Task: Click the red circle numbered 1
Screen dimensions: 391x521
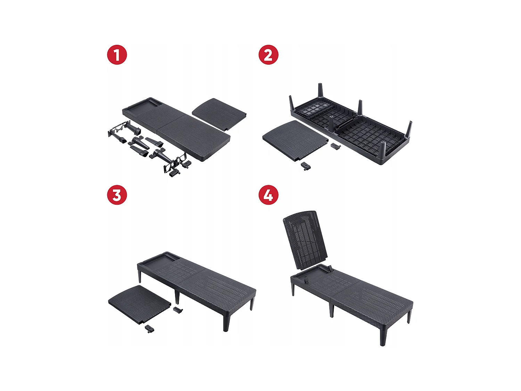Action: pos(117,55)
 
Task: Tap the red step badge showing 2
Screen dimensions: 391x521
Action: pos(268,55)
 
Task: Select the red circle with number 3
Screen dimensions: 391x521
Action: pos(117,195)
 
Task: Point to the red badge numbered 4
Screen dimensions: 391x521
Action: pos(268,195)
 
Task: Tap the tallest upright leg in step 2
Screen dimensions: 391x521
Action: pos(320,91)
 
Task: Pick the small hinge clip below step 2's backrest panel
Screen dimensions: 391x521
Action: pos(305,166)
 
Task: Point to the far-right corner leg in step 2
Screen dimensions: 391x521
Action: pos(409,130)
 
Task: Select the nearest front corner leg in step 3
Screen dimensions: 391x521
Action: pos(226,321)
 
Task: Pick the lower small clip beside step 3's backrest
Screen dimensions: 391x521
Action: pos(150,329)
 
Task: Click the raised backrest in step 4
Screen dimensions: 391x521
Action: pos(305,240)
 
